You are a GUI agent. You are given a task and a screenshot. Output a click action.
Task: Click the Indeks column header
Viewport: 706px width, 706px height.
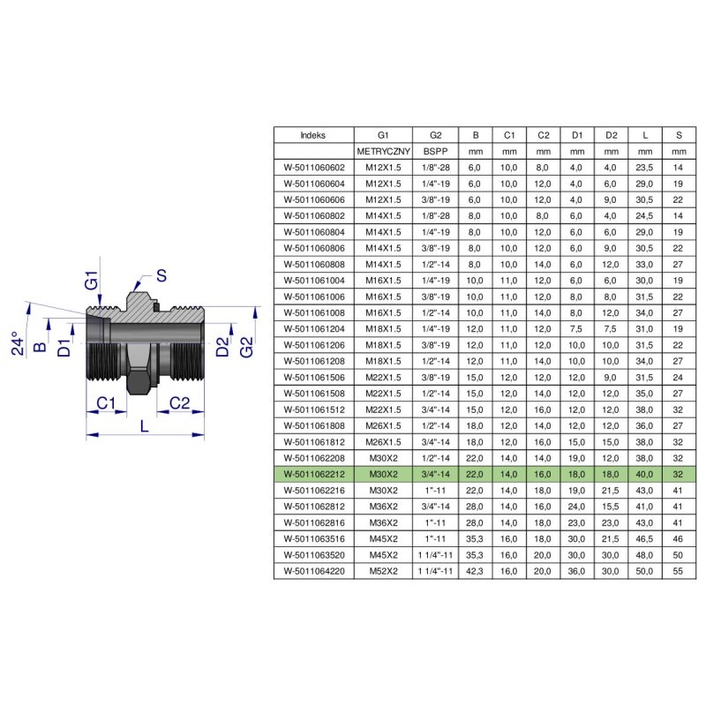(313, 135)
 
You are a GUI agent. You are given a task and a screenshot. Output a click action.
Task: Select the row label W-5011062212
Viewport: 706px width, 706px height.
(314, 474)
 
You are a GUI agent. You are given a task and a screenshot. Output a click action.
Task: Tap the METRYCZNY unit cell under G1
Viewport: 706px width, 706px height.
(383, 151)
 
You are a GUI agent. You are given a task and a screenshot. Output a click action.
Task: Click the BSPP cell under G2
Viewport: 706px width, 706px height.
(435, 151)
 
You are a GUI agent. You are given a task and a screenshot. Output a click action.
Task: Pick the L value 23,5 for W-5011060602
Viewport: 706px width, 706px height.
(644, 168)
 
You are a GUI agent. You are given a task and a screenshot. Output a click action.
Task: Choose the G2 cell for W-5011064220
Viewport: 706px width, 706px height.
(435, 571)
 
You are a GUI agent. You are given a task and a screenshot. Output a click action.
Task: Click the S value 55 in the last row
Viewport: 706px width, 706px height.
(678, 571)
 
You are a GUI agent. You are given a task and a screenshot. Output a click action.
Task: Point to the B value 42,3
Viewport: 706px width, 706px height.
(475, 571)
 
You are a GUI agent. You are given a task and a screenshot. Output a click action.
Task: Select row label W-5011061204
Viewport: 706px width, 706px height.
(314, 328)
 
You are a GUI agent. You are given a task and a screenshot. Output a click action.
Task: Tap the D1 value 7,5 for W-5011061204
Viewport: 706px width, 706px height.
(576, 328)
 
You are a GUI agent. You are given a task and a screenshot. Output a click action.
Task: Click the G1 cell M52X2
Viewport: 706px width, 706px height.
(383, 571)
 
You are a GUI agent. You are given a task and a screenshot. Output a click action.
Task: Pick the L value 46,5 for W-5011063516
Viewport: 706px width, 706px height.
(644, 538)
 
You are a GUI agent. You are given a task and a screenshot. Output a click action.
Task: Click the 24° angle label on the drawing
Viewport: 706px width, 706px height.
(18, 343)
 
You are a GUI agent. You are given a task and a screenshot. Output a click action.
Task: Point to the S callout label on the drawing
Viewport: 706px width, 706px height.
(161, 275)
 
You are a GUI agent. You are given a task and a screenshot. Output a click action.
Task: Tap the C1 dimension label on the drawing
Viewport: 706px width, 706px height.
(106, 403)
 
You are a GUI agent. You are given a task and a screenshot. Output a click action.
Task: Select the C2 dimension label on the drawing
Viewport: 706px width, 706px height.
(180, 403)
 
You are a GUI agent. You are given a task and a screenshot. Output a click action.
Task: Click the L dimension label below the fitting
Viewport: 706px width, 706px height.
(144, 426)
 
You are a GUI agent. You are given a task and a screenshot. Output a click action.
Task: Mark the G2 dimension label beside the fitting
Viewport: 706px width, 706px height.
(246, 347)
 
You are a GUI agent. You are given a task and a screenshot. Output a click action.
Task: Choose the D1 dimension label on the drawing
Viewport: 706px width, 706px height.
(64, 348)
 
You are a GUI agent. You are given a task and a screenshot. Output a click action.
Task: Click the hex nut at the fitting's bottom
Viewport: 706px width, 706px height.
(139, 382)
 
